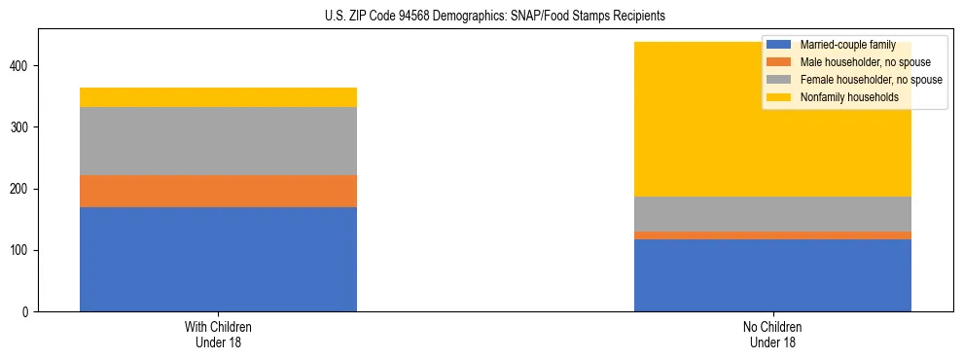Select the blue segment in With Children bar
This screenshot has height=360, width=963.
click(x=218, y=259)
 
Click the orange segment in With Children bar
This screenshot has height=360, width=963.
click(x=218, y=191)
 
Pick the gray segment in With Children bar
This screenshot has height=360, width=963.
click(x=218, y=141)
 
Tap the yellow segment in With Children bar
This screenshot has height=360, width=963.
click(x=218, y=97)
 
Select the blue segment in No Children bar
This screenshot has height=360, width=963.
click(x=772, y=275)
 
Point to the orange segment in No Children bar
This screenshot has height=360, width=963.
click(x=772, y=235)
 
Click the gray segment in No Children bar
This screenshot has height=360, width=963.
click(x=772, y=214)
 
